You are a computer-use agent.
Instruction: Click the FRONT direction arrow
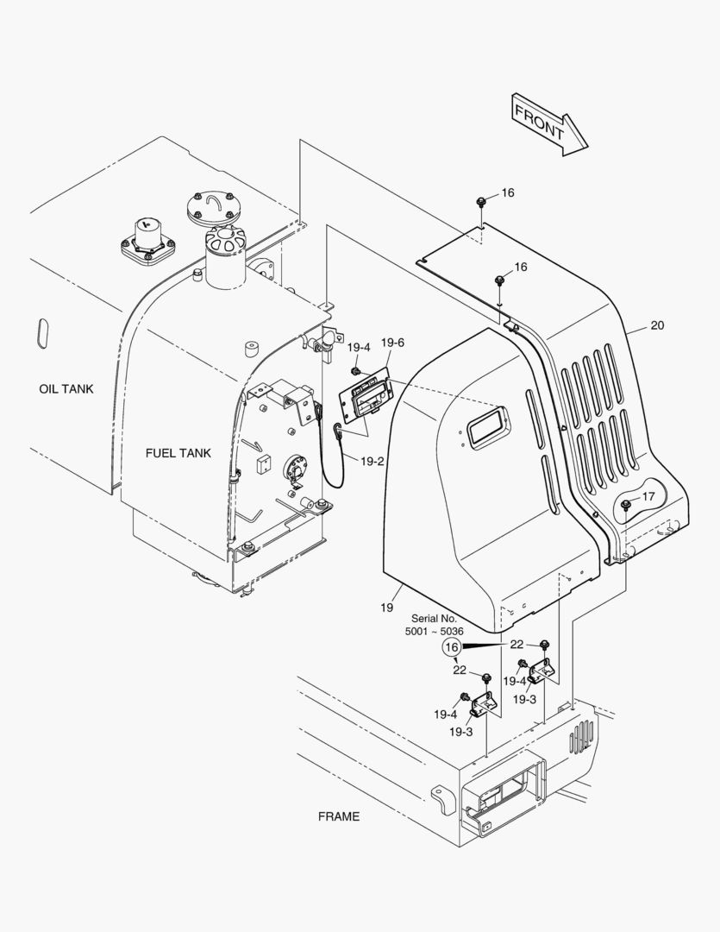549,124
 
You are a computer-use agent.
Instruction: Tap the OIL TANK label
66,388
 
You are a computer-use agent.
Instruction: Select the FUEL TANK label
178,453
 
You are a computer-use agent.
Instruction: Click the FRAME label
339,816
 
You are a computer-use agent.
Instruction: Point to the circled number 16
452,646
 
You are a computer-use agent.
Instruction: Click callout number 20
657,325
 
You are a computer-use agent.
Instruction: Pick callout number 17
648,495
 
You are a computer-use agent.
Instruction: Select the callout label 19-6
392,343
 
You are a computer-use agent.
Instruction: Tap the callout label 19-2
373,461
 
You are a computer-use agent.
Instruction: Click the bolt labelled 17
625,505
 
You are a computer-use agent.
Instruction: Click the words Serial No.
435,618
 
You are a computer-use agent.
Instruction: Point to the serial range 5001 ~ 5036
435,631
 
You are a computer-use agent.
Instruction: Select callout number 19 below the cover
387,608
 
